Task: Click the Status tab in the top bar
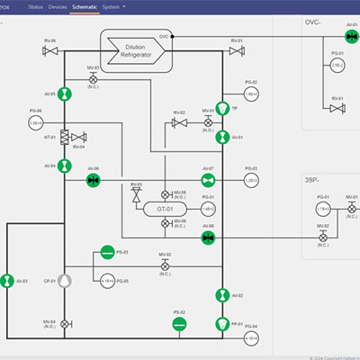[x=35, y=6]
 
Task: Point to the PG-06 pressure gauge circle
[x=36, y=122]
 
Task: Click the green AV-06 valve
[x=93, y=181]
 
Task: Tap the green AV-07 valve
[x=208, y=181]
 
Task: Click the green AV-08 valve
[x=208, y=238]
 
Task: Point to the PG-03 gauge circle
[x=251, y=180]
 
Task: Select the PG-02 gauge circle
[x=251, y=94]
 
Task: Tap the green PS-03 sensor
[x=107, y=252]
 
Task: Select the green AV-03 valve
[x=7, y=281]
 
